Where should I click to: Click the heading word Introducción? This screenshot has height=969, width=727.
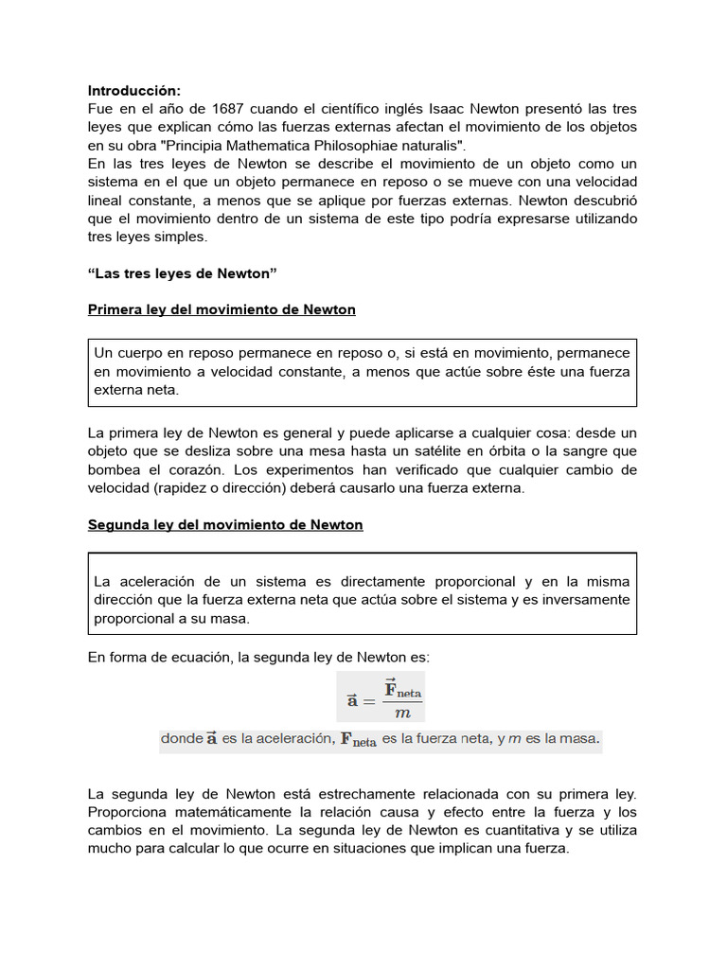[x=133, y=91]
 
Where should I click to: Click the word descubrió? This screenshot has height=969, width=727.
[x=601, y=200]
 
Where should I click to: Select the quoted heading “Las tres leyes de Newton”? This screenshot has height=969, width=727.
[x=181, y=273]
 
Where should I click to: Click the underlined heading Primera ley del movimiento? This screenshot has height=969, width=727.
[x=222, y=309]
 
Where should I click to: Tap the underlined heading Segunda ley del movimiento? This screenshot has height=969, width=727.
[x=225, y=524]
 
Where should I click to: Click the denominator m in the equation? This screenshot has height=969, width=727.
[x=402, y=713]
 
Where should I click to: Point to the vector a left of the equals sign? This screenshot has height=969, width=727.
[x=351, y=701]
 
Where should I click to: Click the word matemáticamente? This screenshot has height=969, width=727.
[x=230, y=812]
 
